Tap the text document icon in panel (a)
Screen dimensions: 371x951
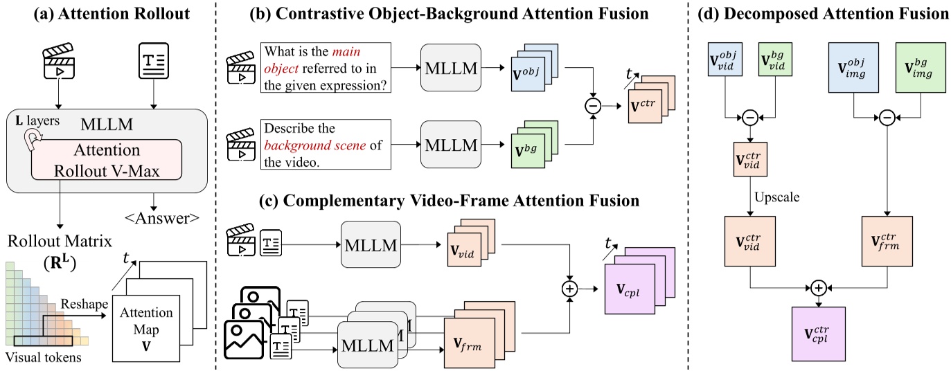(152, 62)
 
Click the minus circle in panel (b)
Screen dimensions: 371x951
(592, 107)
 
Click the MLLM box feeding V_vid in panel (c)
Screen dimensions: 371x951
(370, 244)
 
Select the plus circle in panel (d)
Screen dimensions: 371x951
(819, 287)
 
